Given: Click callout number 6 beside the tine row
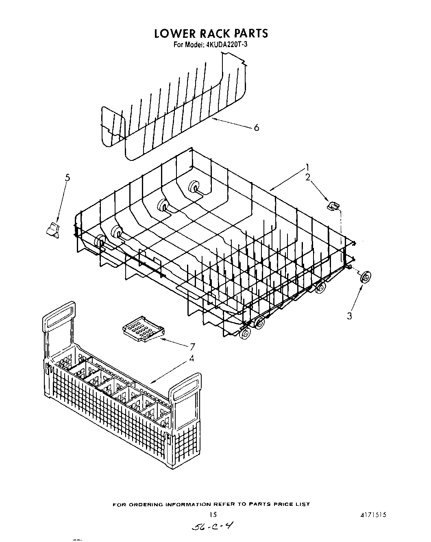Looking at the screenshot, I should (256, 128).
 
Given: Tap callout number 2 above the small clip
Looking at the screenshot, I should (308, 177).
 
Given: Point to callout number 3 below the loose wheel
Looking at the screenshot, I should (349, 316).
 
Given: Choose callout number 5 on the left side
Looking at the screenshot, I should (67, 178).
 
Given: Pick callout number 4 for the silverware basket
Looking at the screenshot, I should (192, 358).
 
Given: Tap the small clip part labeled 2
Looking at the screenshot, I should (333, 207).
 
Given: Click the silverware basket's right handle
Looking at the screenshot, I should (186, 388).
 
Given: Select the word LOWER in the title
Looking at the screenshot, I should (173, 33).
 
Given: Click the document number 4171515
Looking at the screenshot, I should (372, 514).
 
